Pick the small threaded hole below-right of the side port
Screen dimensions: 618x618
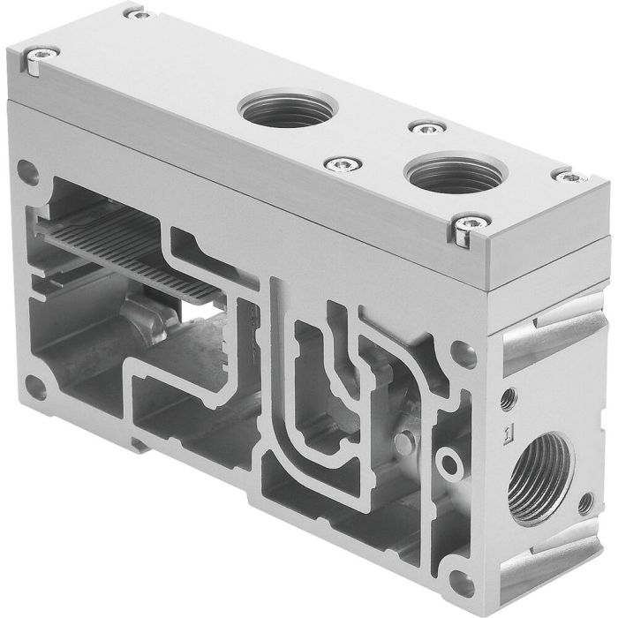[584, 504]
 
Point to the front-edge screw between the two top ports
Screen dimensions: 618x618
[337, 163]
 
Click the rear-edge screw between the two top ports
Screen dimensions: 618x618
[426, 129]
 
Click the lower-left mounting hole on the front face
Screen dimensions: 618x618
[37, 387]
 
